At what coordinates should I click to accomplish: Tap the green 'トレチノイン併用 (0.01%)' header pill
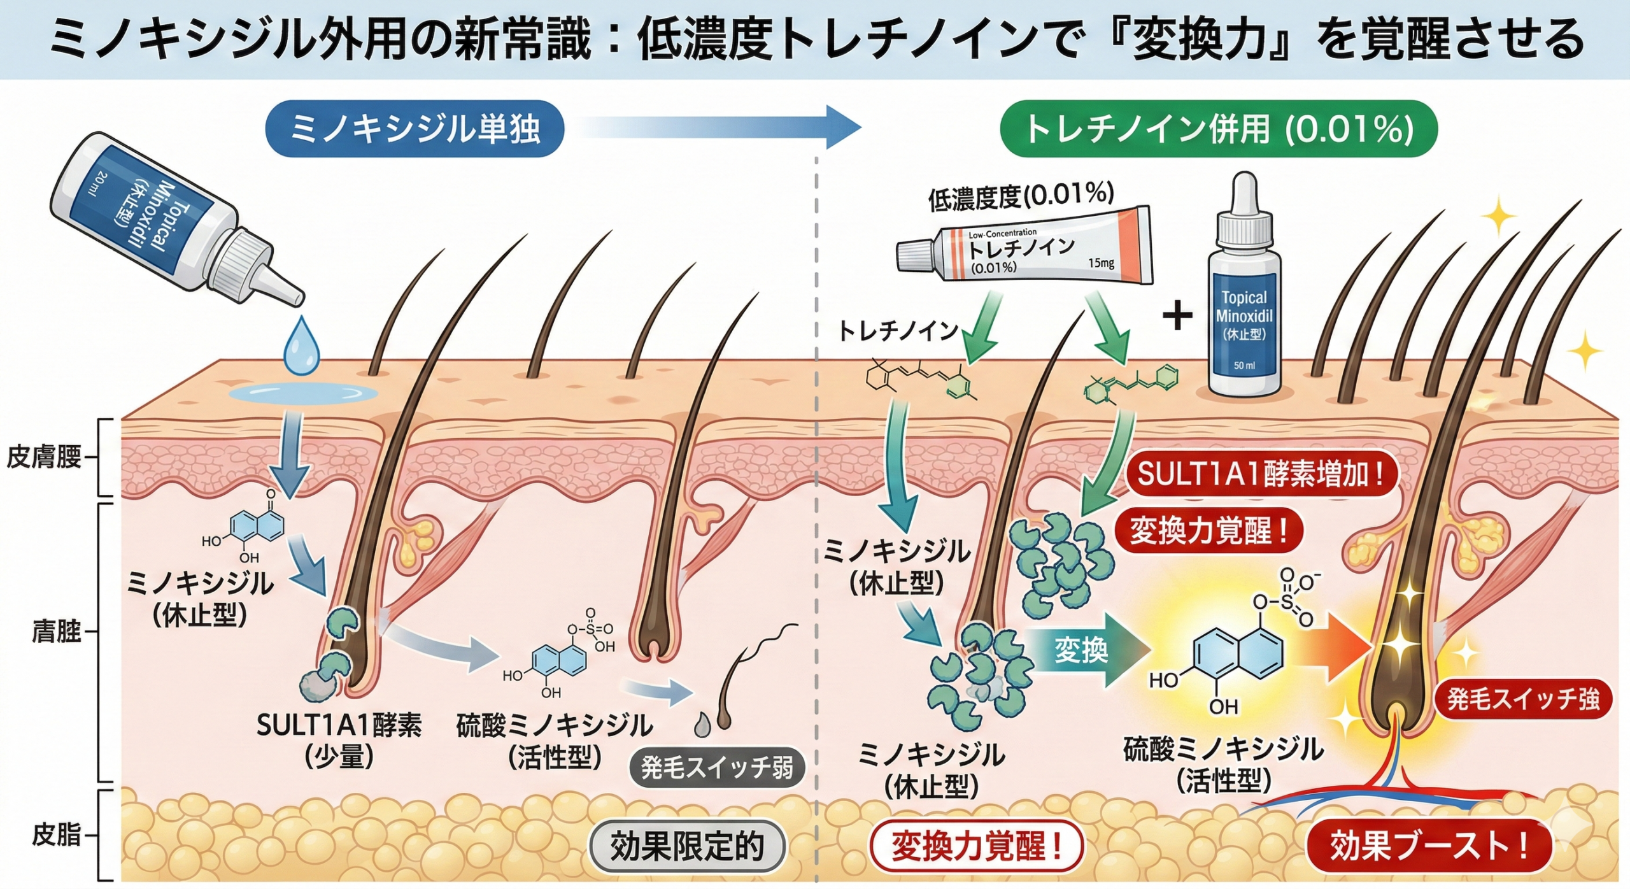pos(1219,129)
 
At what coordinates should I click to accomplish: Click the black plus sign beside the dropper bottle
pos(1177,316)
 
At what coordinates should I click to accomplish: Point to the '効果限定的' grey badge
pos(687,846)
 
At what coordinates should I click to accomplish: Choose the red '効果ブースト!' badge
pos(1429,846)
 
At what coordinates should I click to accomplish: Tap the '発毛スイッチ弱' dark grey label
pos(717,768)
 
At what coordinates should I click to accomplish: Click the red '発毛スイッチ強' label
pos(1522,699)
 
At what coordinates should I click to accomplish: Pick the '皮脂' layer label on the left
pos(56,835)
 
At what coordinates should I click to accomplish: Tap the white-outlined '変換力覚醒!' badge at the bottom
pos(976,846)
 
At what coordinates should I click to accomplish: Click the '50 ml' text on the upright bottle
pos(1244,366)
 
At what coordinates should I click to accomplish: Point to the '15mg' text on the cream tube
pos(1101,262)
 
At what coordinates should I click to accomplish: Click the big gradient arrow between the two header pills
pos(719,128)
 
